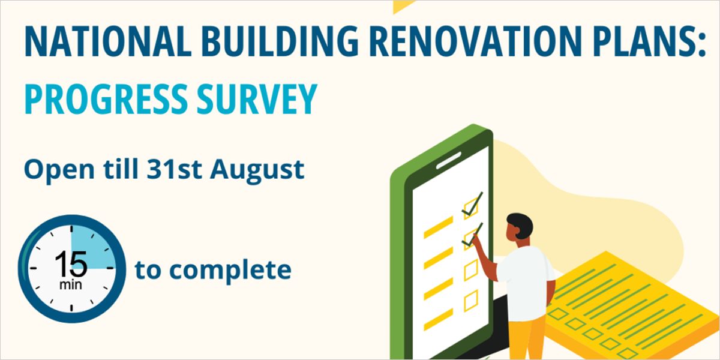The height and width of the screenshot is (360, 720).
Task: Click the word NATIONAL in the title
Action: [109, 41]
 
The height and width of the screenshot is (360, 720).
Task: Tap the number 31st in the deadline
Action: [174, 169]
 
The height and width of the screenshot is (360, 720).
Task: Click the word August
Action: [257, 171]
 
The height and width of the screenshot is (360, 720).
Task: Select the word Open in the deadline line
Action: [59, 171]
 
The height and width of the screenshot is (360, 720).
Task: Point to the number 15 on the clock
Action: [71, 264]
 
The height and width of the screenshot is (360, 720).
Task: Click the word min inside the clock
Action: [71, 284]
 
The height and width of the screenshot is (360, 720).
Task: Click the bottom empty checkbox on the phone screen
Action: [471, 301]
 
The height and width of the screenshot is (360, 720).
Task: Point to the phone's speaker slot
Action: [448, 160]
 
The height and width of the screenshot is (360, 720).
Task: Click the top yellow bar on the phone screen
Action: [439, 227]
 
